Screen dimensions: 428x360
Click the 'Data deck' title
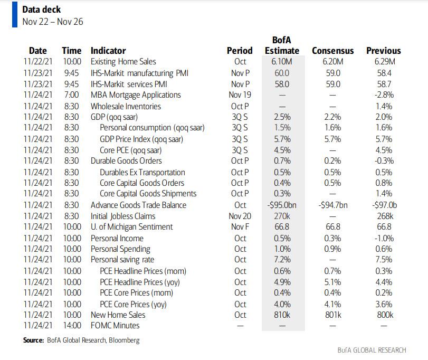click(42, 10)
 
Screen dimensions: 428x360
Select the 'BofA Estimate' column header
click(282, 45)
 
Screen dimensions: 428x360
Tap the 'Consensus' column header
click(332, 51)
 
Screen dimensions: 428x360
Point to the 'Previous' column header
click(384, 51)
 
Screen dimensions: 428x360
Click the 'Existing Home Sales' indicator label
click(123, 62)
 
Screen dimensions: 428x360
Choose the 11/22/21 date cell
click(37, 62)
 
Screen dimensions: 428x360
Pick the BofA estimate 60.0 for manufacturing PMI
click(282, 73)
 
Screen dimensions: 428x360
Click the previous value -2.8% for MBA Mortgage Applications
click(384, 95)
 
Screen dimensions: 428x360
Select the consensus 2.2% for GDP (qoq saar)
click(332, 117)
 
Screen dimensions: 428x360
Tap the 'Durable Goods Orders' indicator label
click(126, 161)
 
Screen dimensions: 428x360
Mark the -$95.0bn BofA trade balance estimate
click(282, 205)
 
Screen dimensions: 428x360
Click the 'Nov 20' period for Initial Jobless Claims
click(240, 216)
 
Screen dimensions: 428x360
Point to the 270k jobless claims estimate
click(282, 216)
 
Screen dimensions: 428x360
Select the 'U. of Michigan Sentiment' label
click(132, 227)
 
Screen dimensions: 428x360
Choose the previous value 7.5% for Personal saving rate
click(384, 260)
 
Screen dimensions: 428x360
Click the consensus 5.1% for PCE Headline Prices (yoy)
click(332, 282)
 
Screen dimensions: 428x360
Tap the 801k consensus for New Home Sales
click(333, 315)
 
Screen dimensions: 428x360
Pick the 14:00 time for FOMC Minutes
click(72, 326)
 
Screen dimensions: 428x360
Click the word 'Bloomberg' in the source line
click(124, 340)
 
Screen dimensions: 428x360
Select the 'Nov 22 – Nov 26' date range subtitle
click(53, 22)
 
